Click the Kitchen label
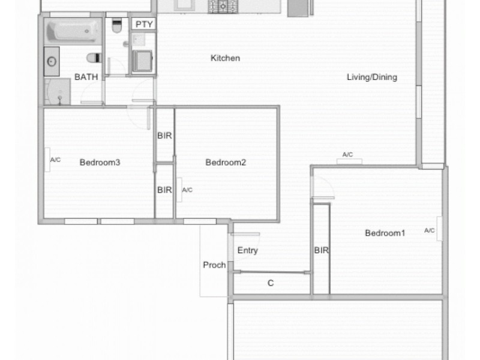pyautogui.click(x=225, y=58)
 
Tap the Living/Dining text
pyautogui.click(x=372, y=77)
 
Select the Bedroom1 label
pyautogui.click(x=385, y=233)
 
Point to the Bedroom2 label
pyautogui.click(x=226, y=162)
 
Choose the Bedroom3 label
pyautogui.click(x=100, y=162)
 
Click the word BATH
pyautogui.click(x=86, y=77)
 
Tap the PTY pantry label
pyautogui.click(x=143, y=24)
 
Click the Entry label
pyautogui.click(x=247, y=250)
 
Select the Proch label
pyautogui.click(x=214, y=265)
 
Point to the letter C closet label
pyautogui.click(x=271, y=283)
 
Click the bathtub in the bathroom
pyautogui.click(x=72, y=31)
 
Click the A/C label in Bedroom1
pyautogui.click(x=430, y=230)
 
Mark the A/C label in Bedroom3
pyautogui.click(x=55, y=160)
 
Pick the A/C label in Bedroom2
pyautogui.click(x=187, y=190)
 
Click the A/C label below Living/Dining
pyautogui.click(x=347, y=155)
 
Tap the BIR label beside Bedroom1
pyautogui.click(x=321, y=251)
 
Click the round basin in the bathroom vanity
pyautogui.click(x=52, y=61)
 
